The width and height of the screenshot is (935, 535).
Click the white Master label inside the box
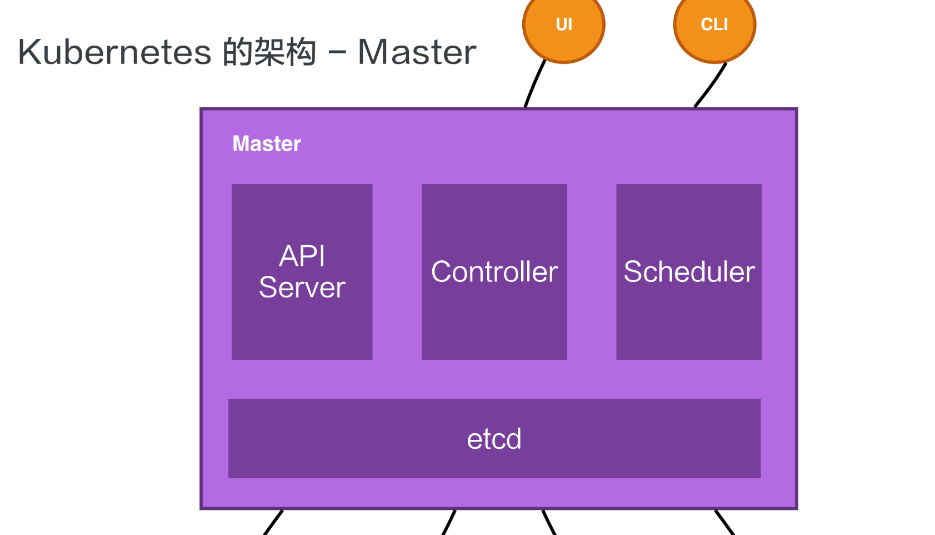(267, 143)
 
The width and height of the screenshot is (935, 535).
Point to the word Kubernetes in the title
(114, 52)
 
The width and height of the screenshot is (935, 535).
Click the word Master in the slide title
(417, 52)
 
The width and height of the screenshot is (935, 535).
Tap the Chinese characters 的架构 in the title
(269, 52)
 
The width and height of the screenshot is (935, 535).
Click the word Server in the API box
(302, 288)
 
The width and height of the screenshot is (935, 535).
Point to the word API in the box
(302, 256)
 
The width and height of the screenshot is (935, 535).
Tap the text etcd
(494, 439)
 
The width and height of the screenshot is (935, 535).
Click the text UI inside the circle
(564, 24)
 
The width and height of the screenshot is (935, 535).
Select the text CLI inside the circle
(714, 24)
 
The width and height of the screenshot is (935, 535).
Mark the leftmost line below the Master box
(273, 523)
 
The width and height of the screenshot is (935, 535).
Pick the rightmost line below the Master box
(724, 523)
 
